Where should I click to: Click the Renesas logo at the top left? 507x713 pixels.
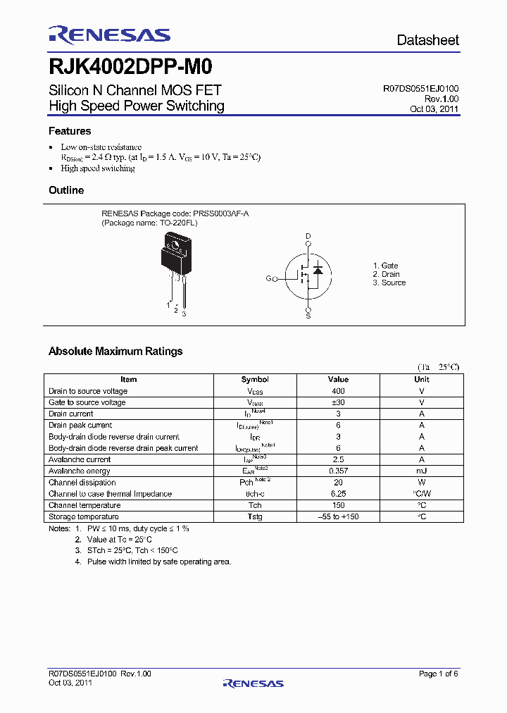point(109,35)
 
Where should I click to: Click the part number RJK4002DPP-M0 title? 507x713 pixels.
point(130,67)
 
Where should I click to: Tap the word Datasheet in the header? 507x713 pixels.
point(427,40)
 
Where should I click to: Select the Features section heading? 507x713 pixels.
point(70,131)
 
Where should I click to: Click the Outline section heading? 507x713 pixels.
point(66,190)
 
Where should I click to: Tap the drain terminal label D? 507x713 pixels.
point(308,236)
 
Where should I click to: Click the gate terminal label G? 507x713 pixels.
point(268,278)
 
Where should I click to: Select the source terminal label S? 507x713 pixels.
point(308,316)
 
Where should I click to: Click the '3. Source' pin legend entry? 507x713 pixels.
point(389,283)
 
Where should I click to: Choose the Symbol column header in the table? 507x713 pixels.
point(255,379)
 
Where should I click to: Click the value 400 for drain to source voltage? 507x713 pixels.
point(338,391)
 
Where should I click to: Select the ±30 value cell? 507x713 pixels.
point(338,402)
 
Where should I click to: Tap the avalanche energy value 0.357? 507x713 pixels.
point(338,471)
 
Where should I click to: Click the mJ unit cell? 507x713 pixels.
point(422,471)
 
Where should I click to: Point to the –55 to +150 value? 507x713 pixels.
point(338,516)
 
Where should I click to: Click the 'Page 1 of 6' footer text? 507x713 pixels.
point(438,674)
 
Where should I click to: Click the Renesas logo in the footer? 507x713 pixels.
point(253,683)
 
